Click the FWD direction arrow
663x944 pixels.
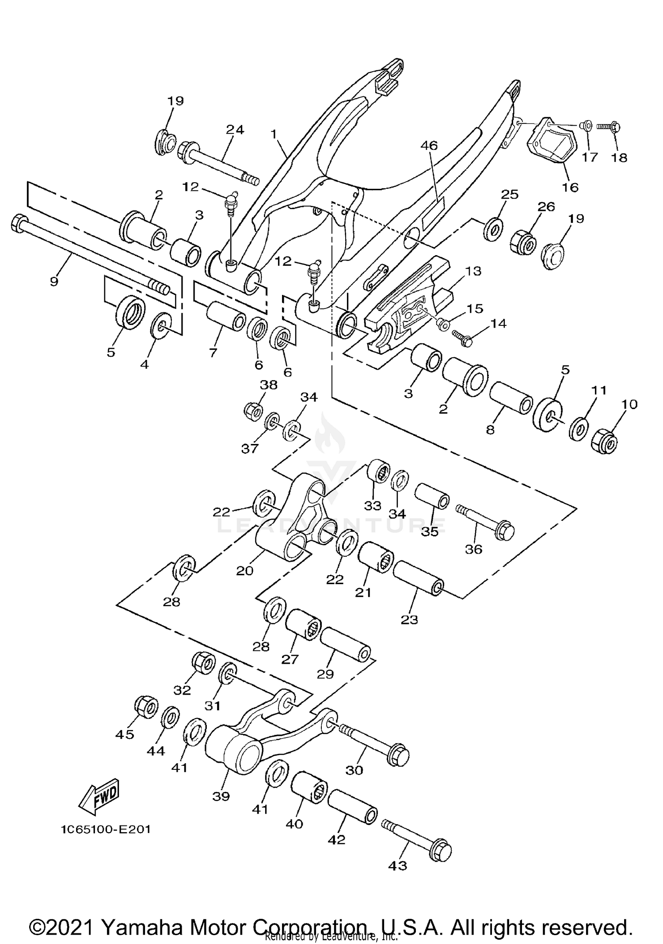[x=99, y=796]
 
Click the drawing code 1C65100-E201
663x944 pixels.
[x=106, y=829]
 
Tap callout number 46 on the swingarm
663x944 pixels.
[x=429, y=145]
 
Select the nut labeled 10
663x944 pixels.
[x=604, y=440]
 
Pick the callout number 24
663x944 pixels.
[x=235, y=130]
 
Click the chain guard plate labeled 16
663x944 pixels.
[x=548, y=145]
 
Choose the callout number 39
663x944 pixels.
[x=221, y=796]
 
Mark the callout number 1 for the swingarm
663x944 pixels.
[x=274, y=134]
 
